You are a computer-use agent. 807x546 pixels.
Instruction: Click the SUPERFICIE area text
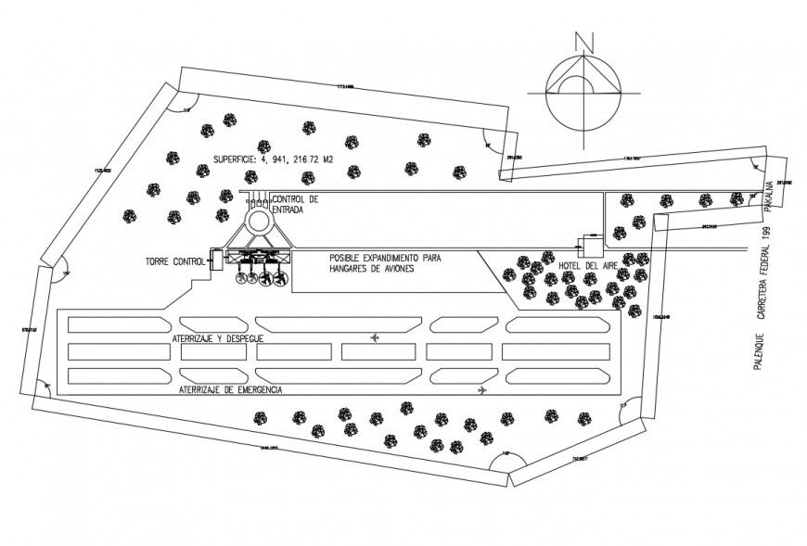pyautogui.click(x=273, y=159)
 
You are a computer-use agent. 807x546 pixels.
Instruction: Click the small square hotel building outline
pyautogui.click(x=587, y=246)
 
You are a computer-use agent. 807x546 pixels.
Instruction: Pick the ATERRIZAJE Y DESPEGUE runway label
pyautogui.click(x=218, y=339)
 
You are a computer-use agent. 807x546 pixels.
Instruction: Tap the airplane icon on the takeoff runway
pyautogui.click(x=375, y=336)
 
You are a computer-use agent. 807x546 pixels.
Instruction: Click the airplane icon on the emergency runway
pyautogui.click(x=481, y=390)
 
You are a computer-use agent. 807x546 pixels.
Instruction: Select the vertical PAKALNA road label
pyautogui.click(x=769, y=197)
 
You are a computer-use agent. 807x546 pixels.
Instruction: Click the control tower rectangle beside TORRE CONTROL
pyautogui.click(x=216, y=260)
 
